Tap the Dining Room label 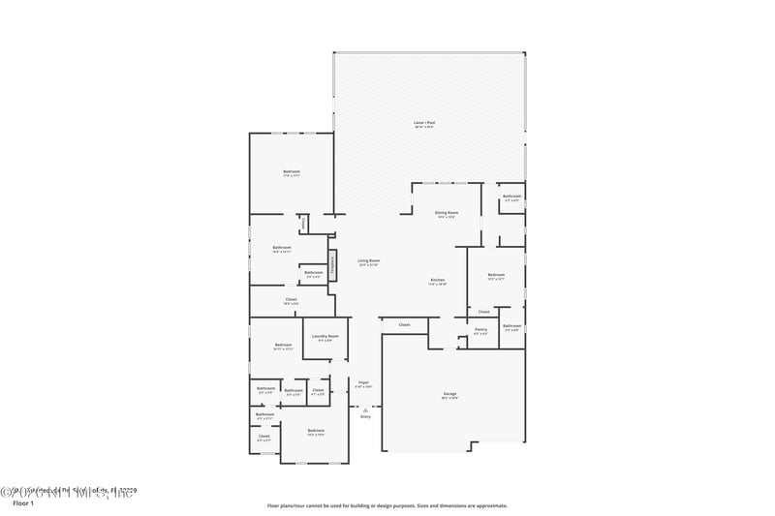(x=446, y=212)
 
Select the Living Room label (x=368, y=260)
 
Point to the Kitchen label (x=438, y=281)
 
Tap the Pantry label (x=480, y=329)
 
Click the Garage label (x=449, y=394)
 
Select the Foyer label (x=364, y=382)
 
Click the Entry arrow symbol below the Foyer (x=365, y=410)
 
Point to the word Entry (x=365, y=416)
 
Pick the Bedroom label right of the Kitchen (x=496, y=275)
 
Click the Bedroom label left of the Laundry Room (x=283, y=345)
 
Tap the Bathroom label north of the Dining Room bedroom (x=511, y=197)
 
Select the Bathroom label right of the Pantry (x=511, y=326)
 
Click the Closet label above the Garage (x=404, y=324)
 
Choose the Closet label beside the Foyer (x=318, y=391)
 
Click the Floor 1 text (x=22, y=503)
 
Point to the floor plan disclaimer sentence (x=387, y=505)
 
